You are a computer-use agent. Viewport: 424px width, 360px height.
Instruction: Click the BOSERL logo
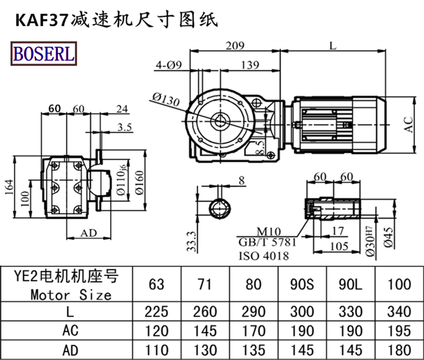(x=43, y=53)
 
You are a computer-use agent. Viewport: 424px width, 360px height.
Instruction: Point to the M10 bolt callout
(x=269, y=232)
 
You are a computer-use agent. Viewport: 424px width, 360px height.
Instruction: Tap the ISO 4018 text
(x=263, y=256)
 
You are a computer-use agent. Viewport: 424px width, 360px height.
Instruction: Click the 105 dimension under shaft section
(x=338, y=246)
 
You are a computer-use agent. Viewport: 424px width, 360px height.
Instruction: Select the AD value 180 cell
(x=399, y=349)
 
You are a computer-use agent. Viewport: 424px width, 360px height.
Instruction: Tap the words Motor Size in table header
(x=70, y=294)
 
